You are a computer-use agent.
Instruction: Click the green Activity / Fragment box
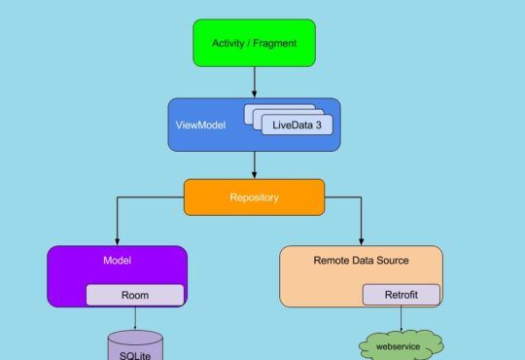point(254,43)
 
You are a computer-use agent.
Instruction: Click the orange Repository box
point(254,198)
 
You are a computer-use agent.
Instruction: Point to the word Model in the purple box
point(117,261)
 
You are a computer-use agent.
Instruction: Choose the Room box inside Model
point(134,295)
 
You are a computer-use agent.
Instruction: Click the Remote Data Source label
point(361,261)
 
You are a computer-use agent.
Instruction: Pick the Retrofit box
point(401,295)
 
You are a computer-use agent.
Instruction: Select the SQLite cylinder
point(134,347)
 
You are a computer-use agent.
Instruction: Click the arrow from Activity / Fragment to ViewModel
point(254,82)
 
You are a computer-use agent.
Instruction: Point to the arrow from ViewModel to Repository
point(254,165)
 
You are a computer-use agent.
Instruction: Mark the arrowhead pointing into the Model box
point(117,240)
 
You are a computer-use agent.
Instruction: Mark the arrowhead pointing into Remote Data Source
point(361,240)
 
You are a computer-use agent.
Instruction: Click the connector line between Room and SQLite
point(134,318)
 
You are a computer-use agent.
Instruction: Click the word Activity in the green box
point(229,43)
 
